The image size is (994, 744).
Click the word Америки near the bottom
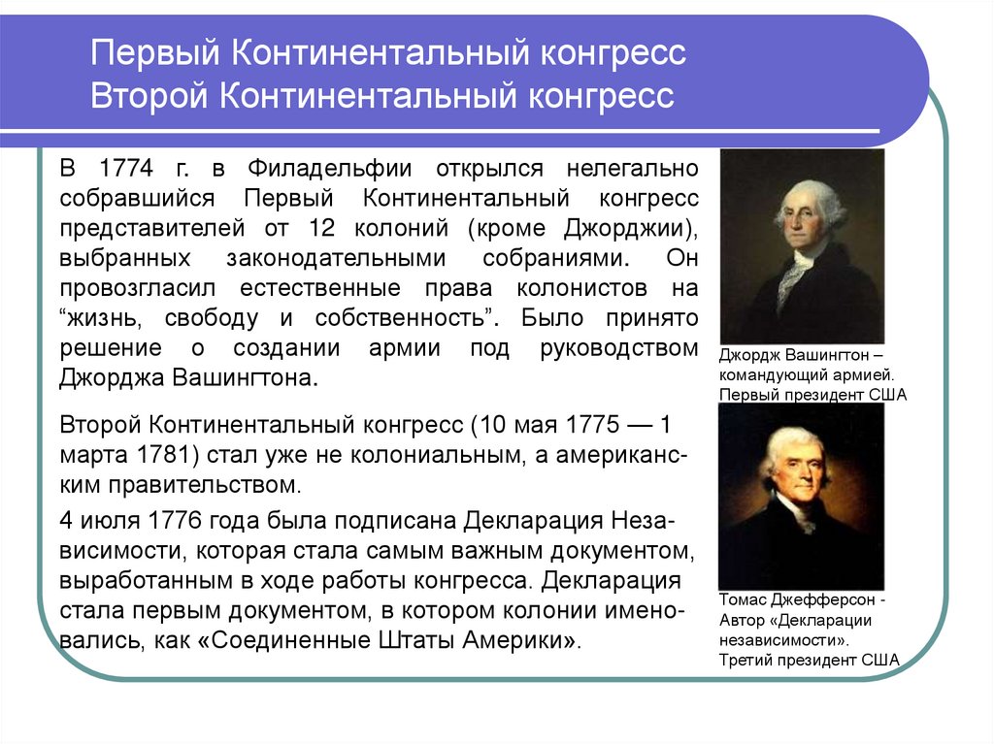(516, 641)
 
